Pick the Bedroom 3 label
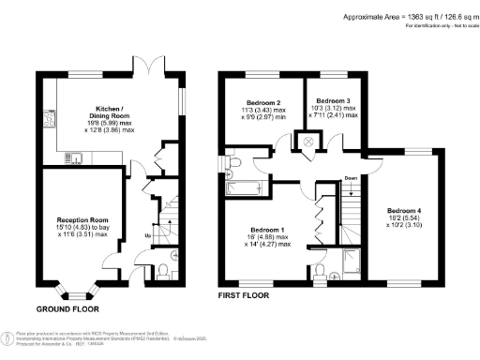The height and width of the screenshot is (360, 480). [x=333, y=100]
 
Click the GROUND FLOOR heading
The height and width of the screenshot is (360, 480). [x=69, y=308]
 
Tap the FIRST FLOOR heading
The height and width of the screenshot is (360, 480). [x=243, y=295]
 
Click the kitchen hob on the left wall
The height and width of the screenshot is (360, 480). [x=47, y=120]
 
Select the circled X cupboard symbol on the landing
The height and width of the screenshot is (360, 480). [x=306, y=142]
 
